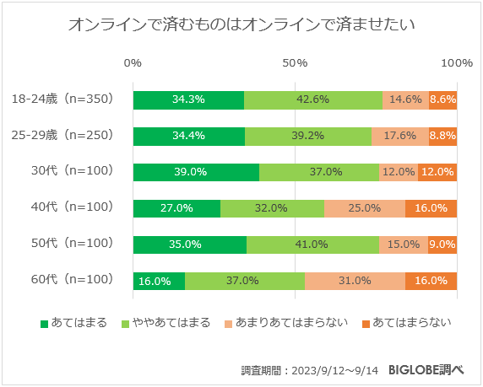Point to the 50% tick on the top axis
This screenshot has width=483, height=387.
click(295, 64)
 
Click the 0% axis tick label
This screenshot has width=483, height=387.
click(133, 64)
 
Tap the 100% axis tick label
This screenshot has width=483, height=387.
click(457, 64)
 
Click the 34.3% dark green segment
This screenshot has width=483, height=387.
click(188, 99)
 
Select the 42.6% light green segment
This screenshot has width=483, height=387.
click(312, 99)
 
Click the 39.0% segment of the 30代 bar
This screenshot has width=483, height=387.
click(196, 172)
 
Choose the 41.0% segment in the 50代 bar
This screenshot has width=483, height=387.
click(312, 245)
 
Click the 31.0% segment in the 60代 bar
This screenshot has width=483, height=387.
click(355, 281)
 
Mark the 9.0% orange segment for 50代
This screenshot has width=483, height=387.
click(442, 245)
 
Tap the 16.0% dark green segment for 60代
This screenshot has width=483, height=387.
click(159, 281)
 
